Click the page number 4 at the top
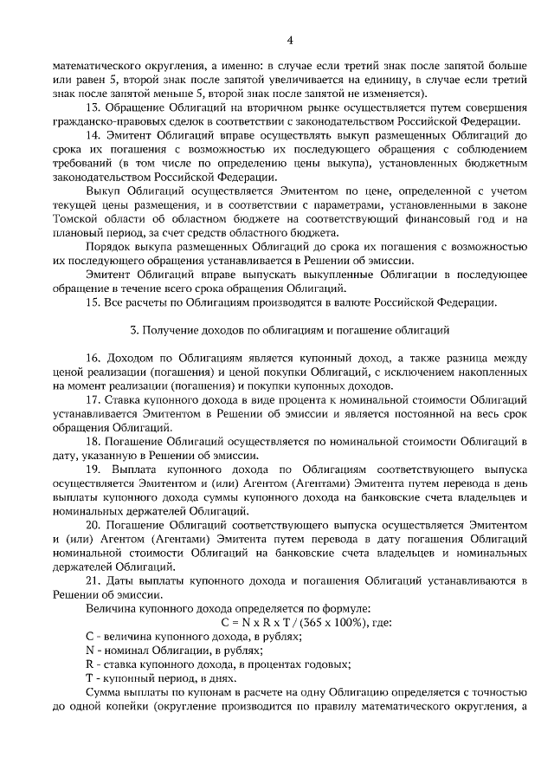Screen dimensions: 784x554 (x=290, y=39)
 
